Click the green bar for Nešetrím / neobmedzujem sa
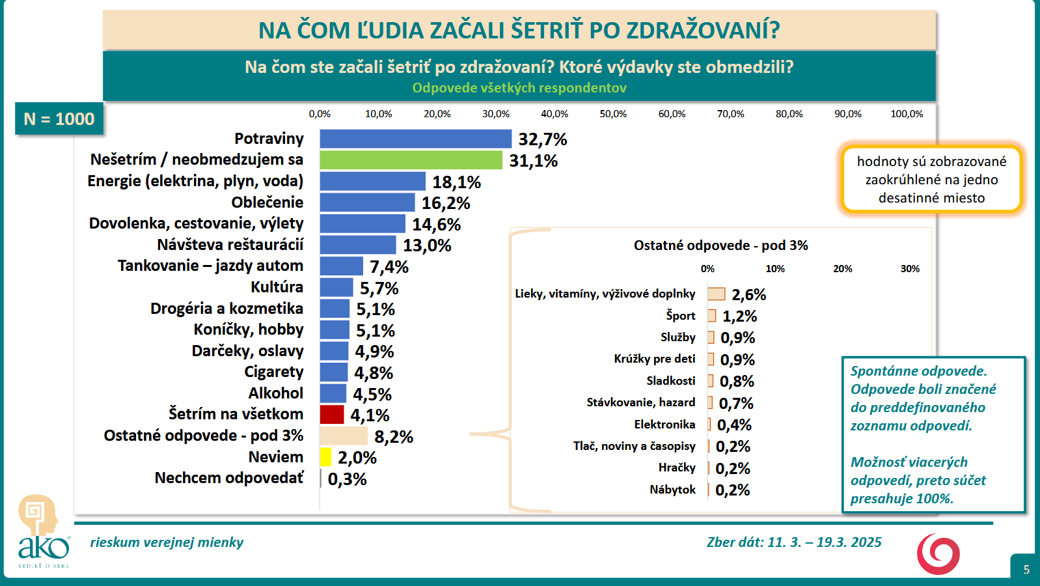pyautogui.click(x=411, y=160)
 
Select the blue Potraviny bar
pyautogui.click(x=415, y=139)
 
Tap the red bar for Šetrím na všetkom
pyautogui.click(x=331, y=415)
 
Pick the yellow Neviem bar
pyautogui.click(x=325, y=457)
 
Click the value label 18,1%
pyautogui.click(x=456, y=182)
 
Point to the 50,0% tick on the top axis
pyautogui.click(x=613, y=114)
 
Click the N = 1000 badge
pyautogui.click(x=59, y=119)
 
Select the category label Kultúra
pyautogui.click(x=277, y=287)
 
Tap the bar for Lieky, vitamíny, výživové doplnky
pyautogui.click(x=717, y=294)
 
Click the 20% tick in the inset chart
pyautogui.click(x=842, y=269)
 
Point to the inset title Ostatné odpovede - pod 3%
pyautogui.click(x=720, y=245)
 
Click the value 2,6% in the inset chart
pyautogui.click(x=748, y=295)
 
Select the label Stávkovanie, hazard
pyautogui.click(x=640, y=402)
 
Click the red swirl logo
pyautogui.click(x=938, y=554)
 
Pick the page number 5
pyautogui.click(x=1026, y=570)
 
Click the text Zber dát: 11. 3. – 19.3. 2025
pyautogui.click(x=794, y=542)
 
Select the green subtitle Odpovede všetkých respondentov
pyautogui.click(x=519, y=88)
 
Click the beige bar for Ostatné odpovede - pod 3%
pyautogui.click(x=344, y=436)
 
